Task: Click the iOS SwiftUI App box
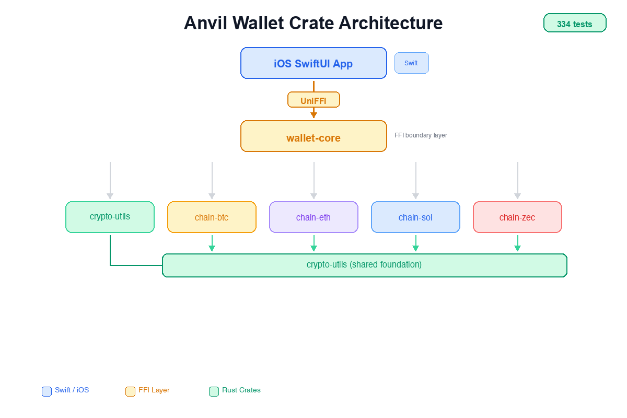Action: pyautogui.click(x=313, y=63)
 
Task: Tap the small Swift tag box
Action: pyautogui.click(x=411, y=63)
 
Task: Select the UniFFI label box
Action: pyautogui.click(x=313, y=100)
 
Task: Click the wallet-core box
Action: pyautogui.click(x=313, y=136)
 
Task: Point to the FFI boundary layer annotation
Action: pyautogui.click(x=421, y=135)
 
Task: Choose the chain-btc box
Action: pyautogui.click(x=212, y=217)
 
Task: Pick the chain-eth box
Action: pyautogui.click(x=313, y=217)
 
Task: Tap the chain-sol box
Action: pyautogui.click(x=415, y=217)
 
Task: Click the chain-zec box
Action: pyautogui.click(x=517, y=217)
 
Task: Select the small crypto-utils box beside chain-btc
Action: pyautogui.click(x=110, y=217)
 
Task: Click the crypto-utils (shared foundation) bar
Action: pyautogui.click(x=364, y=265)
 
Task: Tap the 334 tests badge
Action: pyautogui.click(x=575, y=24)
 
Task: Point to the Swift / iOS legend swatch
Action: pyautogui.click(x=47, y=391)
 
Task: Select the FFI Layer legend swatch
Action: pyautogui.click(x=131, y=391)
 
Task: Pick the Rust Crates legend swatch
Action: pyautogui.click(x=214, y=391)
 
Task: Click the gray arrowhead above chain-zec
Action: pyautogui.click(x=517, y=196)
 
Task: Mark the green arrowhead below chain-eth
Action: pyautogui.click(x=313, y=248)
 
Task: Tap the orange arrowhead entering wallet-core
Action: pyautogui.click(x=313, y=115)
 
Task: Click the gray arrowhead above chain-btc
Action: pyautogui.click(x=212, y=196)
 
